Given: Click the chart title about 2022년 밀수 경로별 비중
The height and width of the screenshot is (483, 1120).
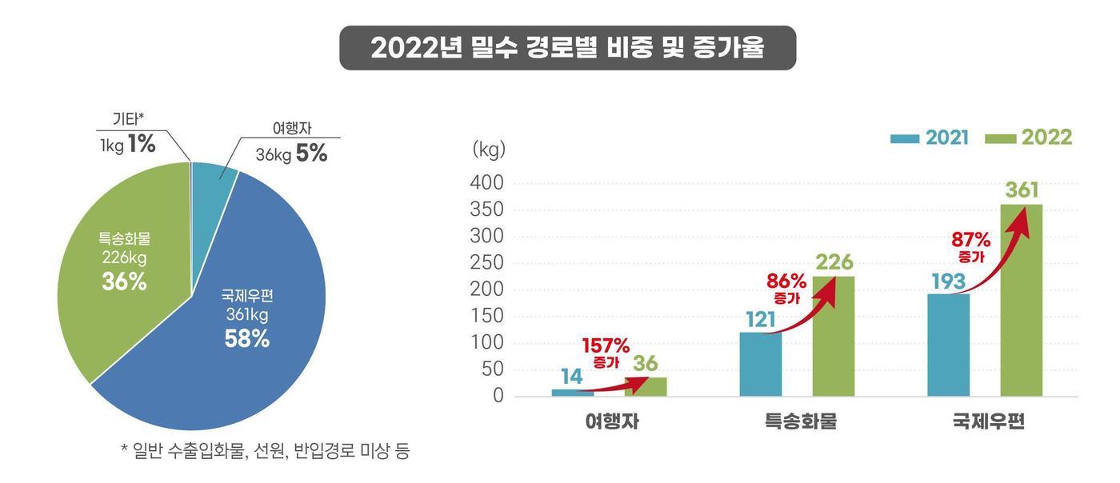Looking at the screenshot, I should (x=567, y=48).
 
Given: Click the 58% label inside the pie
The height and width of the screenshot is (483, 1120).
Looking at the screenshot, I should (x=246, y=339).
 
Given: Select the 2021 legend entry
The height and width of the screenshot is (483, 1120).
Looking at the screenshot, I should (x=930, y=138).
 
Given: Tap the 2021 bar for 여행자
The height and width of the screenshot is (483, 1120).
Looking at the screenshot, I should (x=573, y=392).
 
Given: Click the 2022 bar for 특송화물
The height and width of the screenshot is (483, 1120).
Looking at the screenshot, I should (x=833, y=336).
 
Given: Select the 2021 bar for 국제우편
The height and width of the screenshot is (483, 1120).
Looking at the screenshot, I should (x=948, y=345).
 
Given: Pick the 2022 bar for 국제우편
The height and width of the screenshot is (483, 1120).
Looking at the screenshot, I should (x=1021, y=300).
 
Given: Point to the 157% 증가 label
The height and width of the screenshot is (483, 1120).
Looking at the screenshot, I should (x=606, y=353).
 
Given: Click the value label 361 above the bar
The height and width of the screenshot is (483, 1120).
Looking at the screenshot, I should (x=1022, y=190).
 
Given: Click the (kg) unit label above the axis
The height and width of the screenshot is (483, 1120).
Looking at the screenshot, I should (x=489, y=149).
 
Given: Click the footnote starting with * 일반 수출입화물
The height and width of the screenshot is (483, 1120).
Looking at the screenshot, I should (x=265, y=451).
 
